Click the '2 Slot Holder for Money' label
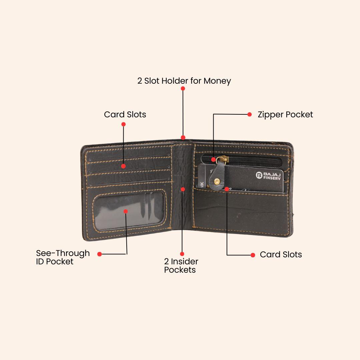[x=184, y=81]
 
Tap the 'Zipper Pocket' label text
[x=285, y=115]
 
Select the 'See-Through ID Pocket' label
[x=63, y=257]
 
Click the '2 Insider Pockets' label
[x=181, y=266]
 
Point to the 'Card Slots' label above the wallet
[x=125, y=115]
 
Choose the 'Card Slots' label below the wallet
[x=281, y=255]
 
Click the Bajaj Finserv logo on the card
[x=259, y=175]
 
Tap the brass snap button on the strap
[x=217, y=181]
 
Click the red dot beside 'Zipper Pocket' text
[x=249, y=114]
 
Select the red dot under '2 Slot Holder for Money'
[x=183, y=89]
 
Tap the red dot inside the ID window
[x=126, y=211]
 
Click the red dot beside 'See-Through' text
[x=99, y=254]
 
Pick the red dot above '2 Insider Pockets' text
[x=182, y=254]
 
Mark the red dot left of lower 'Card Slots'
[x=253, y=255]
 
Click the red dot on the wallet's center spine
[x=183, y=189]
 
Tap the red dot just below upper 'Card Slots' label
[x=123, y=124]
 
